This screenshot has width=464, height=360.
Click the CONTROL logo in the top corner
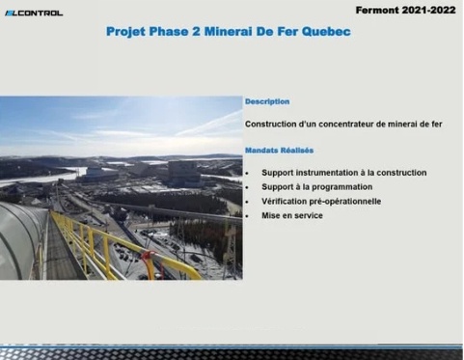click(34, 13)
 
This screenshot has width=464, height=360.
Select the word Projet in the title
click(131, 32)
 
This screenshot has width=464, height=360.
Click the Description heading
click(267, 101)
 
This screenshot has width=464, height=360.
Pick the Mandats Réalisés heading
click(279, 151)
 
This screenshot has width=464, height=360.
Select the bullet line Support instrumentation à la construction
click(343, 173)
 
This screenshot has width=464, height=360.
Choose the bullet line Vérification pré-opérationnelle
click(320, 202)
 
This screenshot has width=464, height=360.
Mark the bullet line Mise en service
click(291, 216)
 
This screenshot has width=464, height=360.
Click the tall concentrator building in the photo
click(183, 174)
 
